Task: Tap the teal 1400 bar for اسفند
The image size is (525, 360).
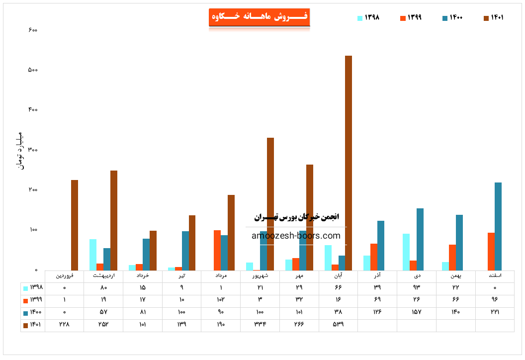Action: (x=498, y=226)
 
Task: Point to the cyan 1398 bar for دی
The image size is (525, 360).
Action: (x=406, y=252)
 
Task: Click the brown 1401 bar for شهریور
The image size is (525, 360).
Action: (x=270, y=204)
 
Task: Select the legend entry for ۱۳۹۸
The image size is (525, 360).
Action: (x=368, y=17)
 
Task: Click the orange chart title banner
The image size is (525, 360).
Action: (x=259, y=17)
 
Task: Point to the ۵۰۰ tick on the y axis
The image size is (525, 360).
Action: (x=33, y=70)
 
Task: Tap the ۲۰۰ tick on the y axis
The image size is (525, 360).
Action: (x=33, y=190)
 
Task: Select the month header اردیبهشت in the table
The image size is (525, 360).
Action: (x=103, y=275)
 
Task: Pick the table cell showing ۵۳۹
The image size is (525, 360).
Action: (x=338, y=325)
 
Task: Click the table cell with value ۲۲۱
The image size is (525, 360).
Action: (x=495, y=312)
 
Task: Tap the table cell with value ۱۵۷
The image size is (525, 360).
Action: (x=416, y=312)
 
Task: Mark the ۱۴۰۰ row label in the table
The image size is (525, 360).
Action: (x=33, y=312)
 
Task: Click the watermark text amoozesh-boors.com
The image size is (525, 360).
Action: (x=296, y=236)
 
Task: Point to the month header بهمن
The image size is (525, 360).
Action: (x=455, y=275)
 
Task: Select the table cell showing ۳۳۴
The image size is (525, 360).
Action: (x=260, y=325)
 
